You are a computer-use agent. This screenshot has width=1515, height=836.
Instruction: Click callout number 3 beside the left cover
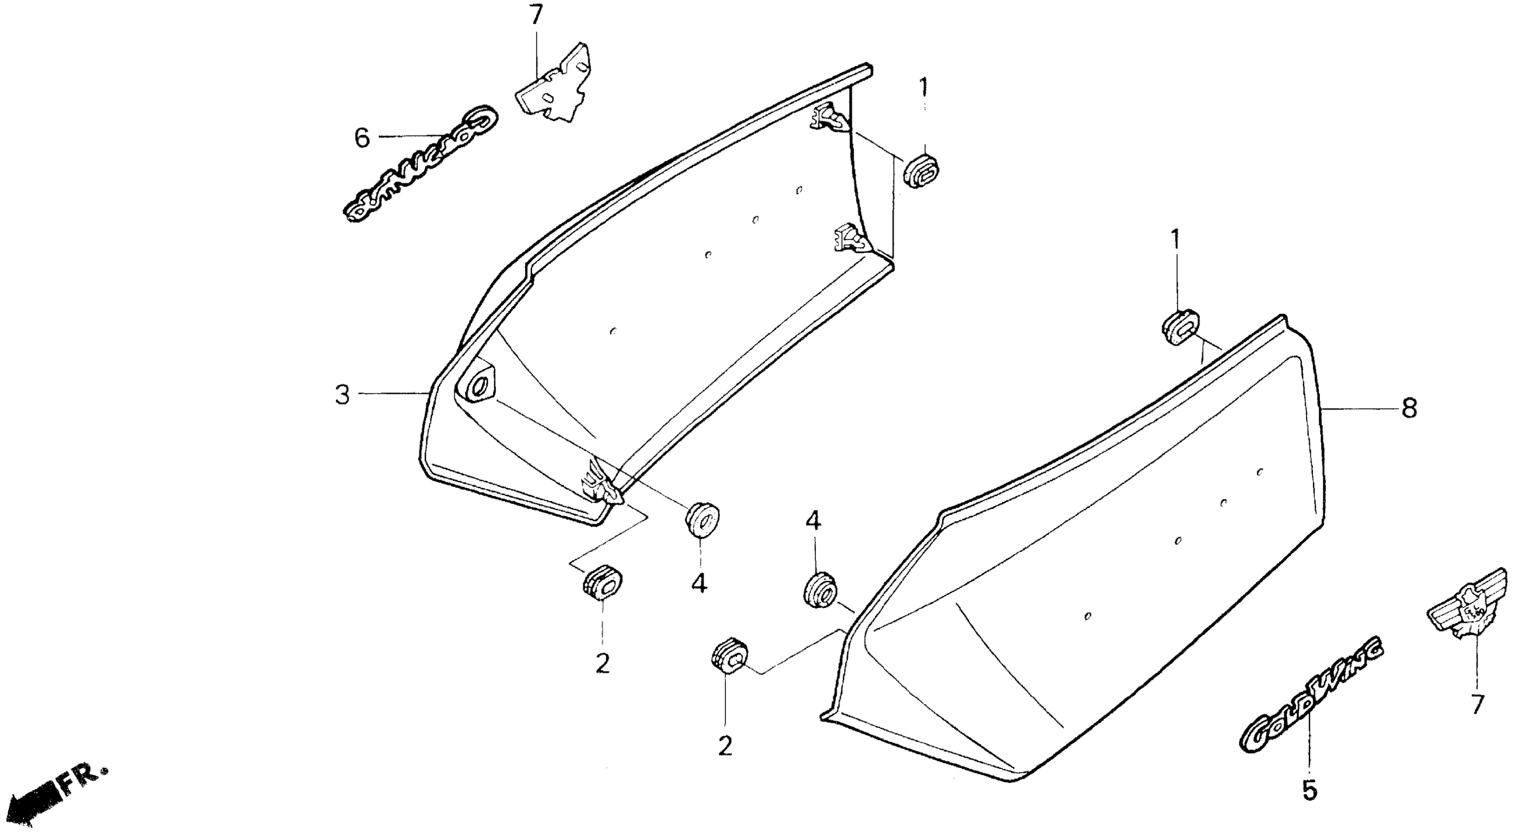(342, 395)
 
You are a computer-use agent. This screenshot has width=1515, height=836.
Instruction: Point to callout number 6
(362, 138)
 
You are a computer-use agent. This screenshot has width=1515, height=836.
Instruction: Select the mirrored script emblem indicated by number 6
(420, 166)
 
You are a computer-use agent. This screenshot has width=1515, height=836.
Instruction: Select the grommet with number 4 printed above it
(819, 590)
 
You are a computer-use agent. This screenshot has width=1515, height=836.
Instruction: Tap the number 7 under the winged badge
(1477, 704)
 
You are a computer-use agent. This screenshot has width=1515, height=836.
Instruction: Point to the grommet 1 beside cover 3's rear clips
(921, 171)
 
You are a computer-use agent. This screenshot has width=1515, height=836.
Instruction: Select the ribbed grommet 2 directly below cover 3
(602, 583)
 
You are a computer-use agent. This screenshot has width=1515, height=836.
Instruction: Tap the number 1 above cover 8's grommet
(1175, 240)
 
